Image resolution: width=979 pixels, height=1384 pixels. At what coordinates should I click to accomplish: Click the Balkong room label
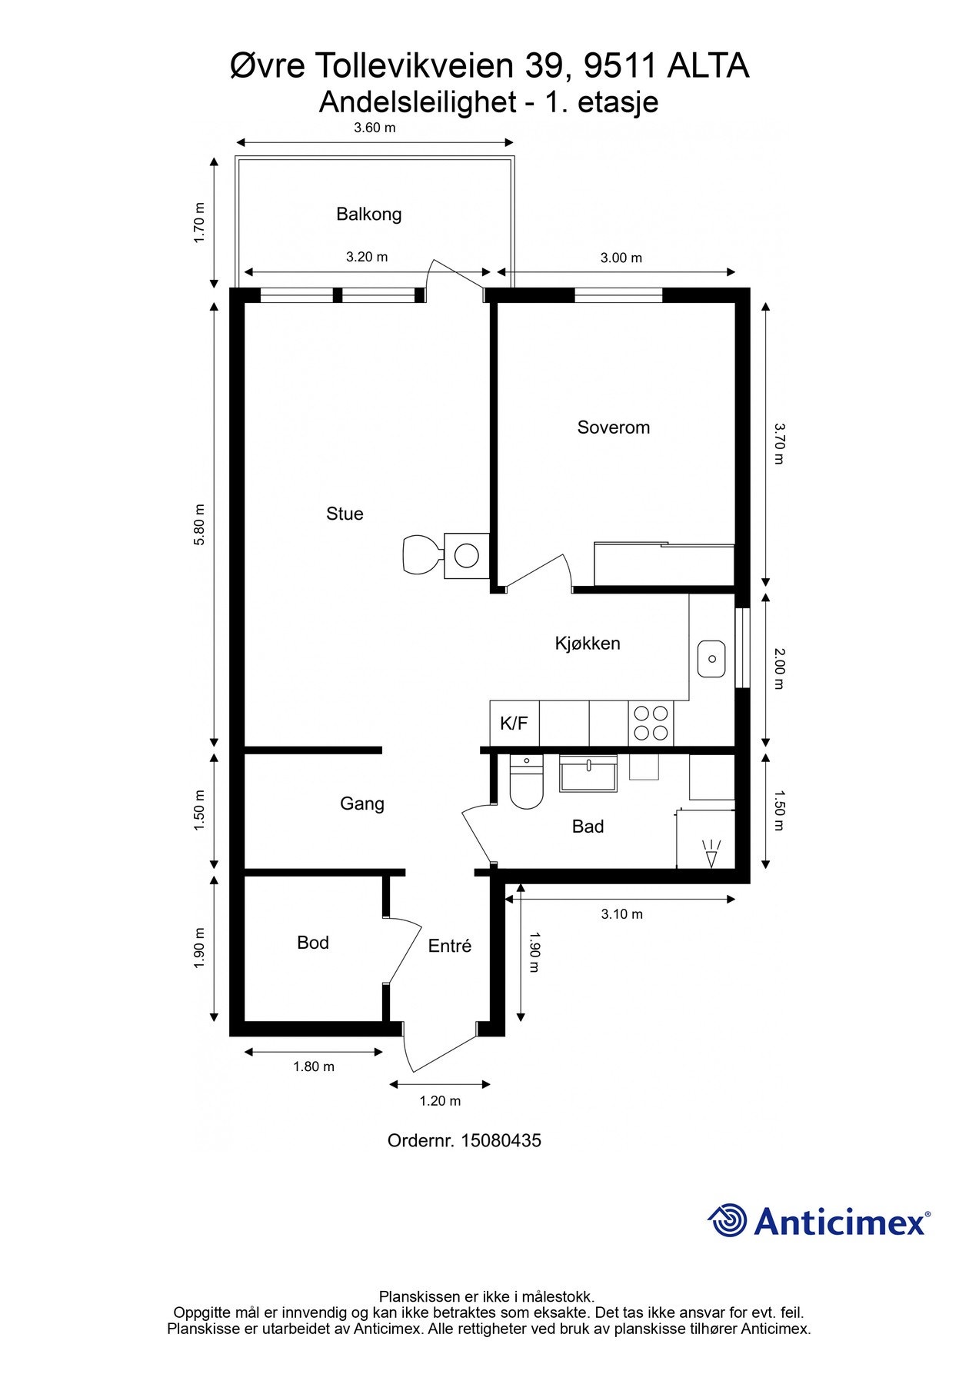click(368, 214)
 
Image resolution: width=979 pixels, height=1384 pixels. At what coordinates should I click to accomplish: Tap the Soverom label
click(614, 428)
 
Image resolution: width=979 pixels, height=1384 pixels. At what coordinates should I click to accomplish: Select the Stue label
click(345, 514)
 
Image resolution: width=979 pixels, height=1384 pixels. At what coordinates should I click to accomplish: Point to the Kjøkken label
click(588, 644)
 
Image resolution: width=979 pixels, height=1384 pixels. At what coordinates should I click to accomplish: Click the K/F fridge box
click(514, 724)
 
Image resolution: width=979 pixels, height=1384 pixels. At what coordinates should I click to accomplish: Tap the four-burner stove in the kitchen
click(651, 724)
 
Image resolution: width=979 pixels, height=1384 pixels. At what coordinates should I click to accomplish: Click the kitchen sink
click(712, 659)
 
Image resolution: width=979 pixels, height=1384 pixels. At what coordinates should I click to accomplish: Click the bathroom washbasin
click(588, 773)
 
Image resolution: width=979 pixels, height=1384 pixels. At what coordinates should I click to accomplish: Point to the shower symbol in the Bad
click(711, 854)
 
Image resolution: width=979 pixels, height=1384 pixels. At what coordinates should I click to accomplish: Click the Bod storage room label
click(313, 943)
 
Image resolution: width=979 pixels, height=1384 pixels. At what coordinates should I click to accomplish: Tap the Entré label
click(450, 946)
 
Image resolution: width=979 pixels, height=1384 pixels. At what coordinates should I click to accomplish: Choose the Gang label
click(362, 804)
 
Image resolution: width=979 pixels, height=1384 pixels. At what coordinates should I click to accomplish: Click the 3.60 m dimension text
click(375, 128)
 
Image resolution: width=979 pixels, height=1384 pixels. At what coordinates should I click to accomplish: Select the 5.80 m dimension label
click(199, 524)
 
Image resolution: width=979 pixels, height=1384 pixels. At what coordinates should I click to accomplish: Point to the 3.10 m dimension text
click(621, 914)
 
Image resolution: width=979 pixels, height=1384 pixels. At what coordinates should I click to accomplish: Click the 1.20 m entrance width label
click(440, 1101)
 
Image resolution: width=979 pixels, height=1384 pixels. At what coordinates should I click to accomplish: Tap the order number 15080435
click(501, 1140)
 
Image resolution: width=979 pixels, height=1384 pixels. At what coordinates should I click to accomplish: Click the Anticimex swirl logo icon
click(728, 1220)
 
